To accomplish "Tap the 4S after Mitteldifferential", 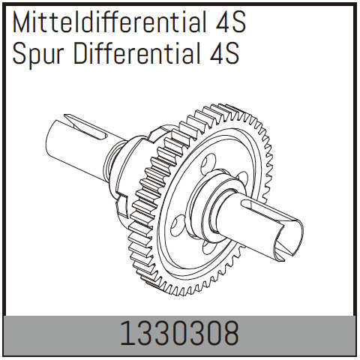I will [225, 24].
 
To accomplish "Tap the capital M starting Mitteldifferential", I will [19, 24].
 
